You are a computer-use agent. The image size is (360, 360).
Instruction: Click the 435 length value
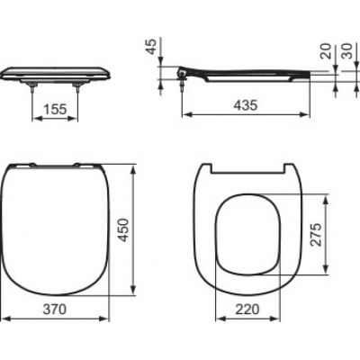pos(244,105)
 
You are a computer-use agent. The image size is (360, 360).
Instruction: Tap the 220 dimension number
pos(246,308)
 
